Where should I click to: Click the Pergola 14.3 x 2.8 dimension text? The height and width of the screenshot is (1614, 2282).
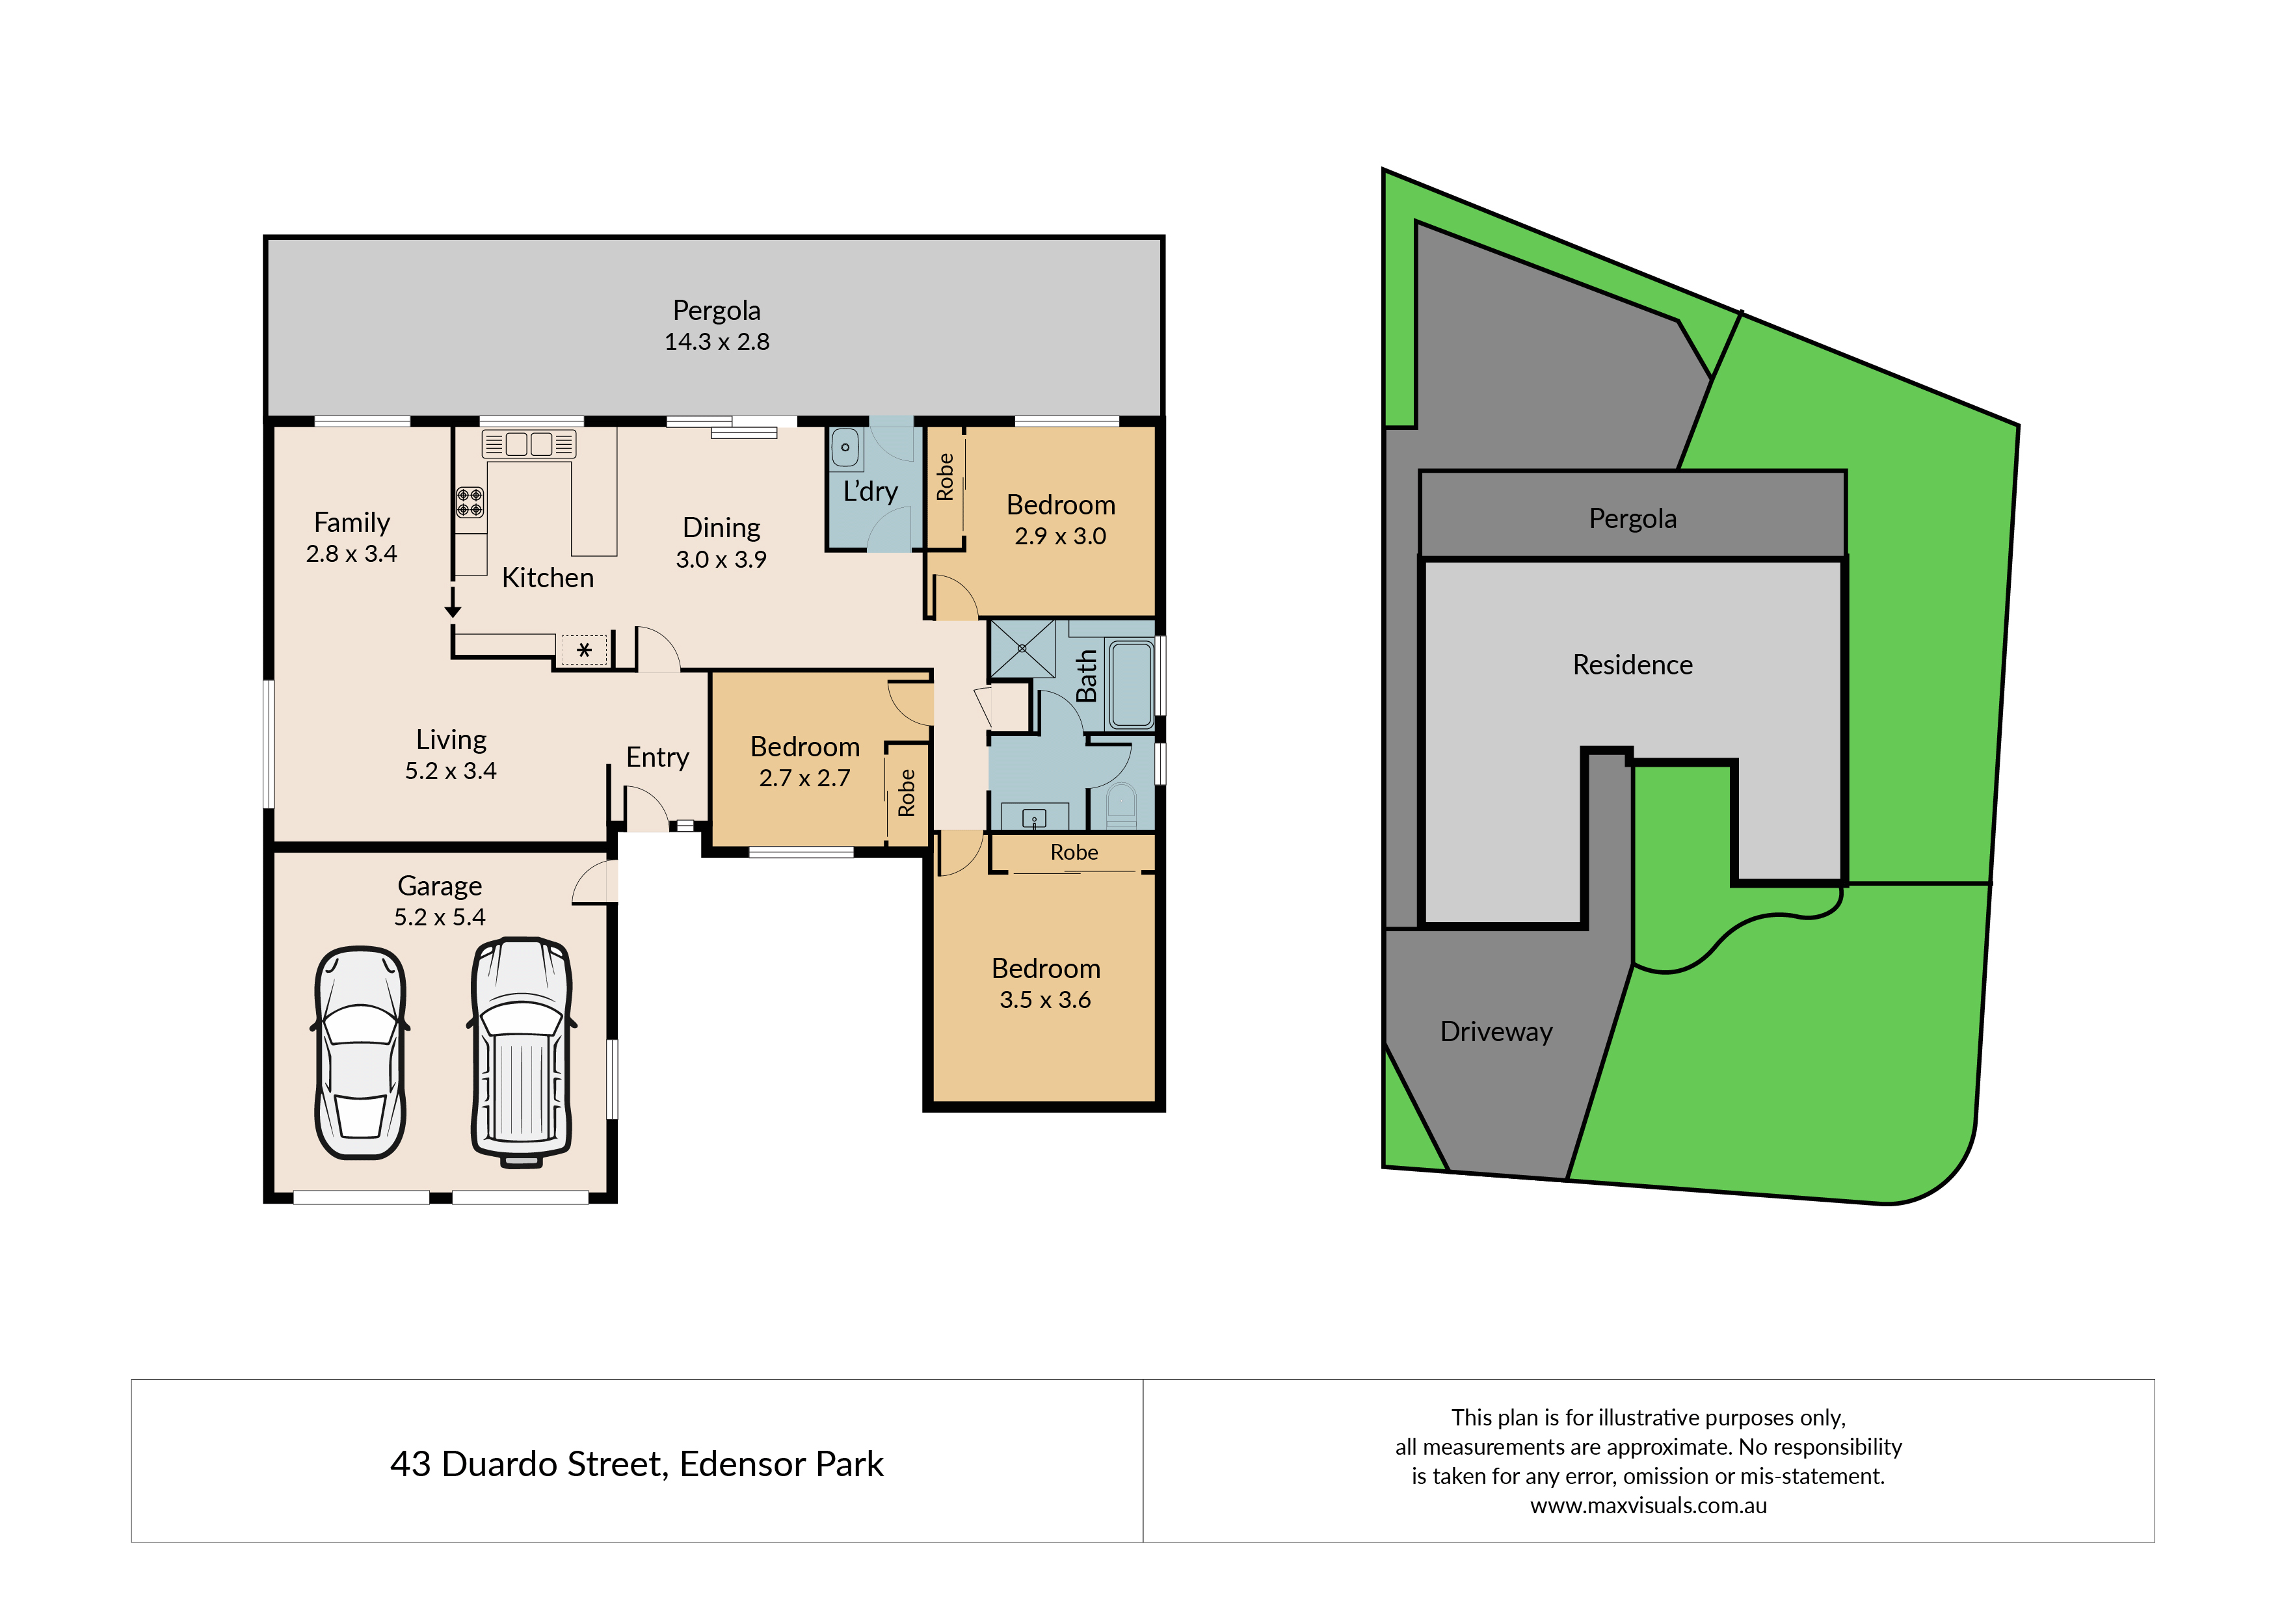tap(717, 342)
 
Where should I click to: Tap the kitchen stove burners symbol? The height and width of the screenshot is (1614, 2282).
tap(470, 502)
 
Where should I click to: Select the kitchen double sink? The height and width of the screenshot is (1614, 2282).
tap(529, 443)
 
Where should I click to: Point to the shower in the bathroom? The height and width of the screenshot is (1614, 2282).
tap(1022, 648)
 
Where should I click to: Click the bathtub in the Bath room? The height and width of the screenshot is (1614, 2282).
tap(1131, 685)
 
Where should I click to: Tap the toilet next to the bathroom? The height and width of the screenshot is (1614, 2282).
tap(1121, 805)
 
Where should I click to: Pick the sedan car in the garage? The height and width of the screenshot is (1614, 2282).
tap(360, 1052)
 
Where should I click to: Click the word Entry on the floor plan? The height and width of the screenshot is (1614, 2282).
tap(657, 758)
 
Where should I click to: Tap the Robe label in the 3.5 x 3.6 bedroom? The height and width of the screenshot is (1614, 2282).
tap(1074, 853)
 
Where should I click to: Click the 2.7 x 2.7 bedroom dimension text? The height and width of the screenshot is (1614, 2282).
tap(805, 778)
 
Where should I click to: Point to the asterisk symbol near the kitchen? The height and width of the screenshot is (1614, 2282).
tap(585, 650)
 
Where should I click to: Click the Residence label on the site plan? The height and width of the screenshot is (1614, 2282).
tap(1632, 665)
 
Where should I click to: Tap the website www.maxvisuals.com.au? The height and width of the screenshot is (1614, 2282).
tap(1648, 1505)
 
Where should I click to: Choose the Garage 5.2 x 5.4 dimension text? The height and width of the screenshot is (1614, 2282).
tap(440, 918)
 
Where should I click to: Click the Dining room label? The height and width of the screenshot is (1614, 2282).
tap(722, 528)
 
